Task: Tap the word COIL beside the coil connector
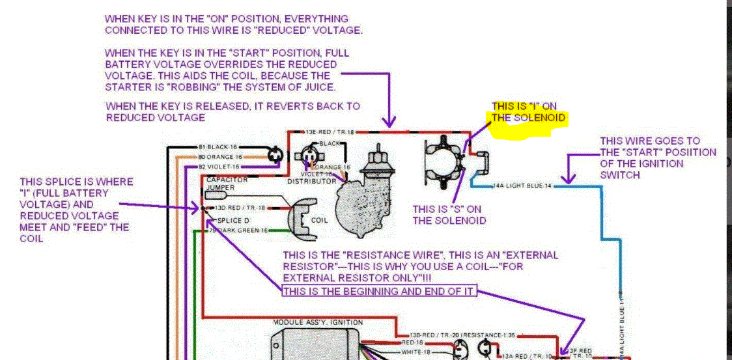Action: tap(320, 220)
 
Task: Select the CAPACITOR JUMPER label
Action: tap(225, 183)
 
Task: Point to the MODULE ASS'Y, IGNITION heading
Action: tap(318, 322)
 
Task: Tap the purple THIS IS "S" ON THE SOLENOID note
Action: tap(449, 215)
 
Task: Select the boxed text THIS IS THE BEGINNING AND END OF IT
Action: tap(379, 291)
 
